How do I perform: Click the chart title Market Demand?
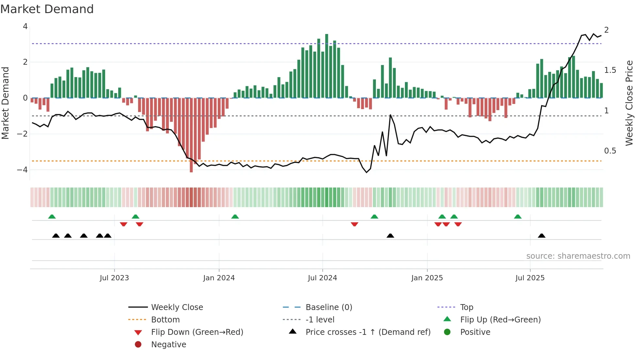(47, 9)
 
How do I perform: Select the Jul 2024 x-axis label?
(322, 278)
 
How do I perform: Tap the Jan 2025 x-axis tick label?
(427, 278)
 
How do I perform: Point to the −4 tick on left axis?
(23, 170)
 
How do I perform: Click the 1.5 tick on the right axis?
(610, 70)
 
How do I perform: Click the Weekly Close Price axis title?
(629, 103)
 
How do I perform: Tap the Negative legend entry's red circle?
(138, 345)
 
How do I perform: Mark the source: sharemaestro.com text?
(578, 256)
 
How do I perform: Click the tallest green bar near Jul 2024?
(327, 65)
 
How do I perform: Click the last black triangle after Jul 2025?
(542, 236)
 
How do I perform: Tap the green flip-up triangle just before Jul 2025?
(518, 217)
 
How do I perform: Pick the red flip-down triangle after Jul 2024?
(355, 224)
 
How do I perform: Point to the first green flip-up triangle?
(52, 217)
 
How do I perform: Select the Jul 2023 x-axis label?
(114, 278)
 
